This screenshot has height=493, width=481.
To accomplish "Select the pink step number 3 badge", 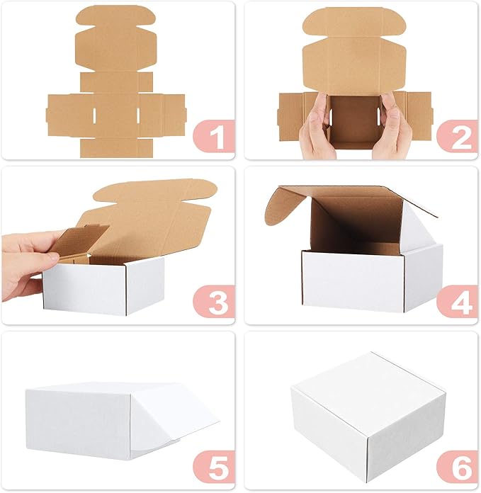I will click(215, 303).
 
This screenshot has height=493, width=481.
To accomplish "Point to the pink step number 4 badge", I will click(458, 303).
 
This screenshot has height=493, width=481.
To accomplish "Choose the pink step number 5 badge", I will click(215, 467).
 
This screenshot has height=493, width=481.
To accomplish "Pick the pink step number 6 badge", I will click(458, 467).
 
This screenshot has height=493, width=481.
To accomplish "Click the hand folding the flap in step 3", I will click(28, 262).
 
